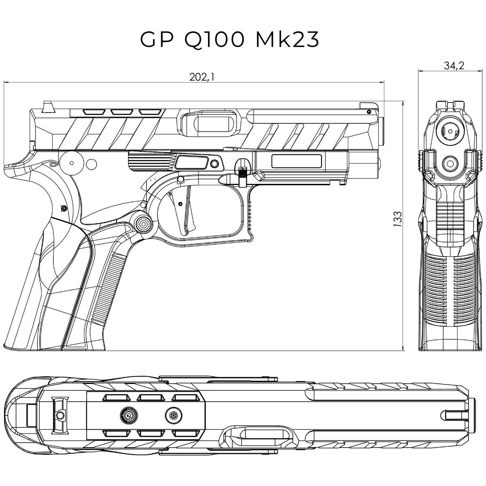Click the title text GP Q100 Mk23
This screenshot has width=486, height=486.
click(230, 40)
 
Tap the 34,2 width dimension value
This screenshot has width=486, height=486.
click(454, 66)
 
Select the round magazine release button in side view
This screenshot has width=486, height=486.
click(143, 223)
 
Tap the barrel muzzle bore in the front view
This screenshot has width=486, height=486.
click(450, 131)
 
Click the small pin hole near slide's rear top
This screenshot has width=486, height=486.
click(368, 111)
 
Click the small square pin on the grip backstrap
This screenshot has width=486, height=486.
click(63, 208)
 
